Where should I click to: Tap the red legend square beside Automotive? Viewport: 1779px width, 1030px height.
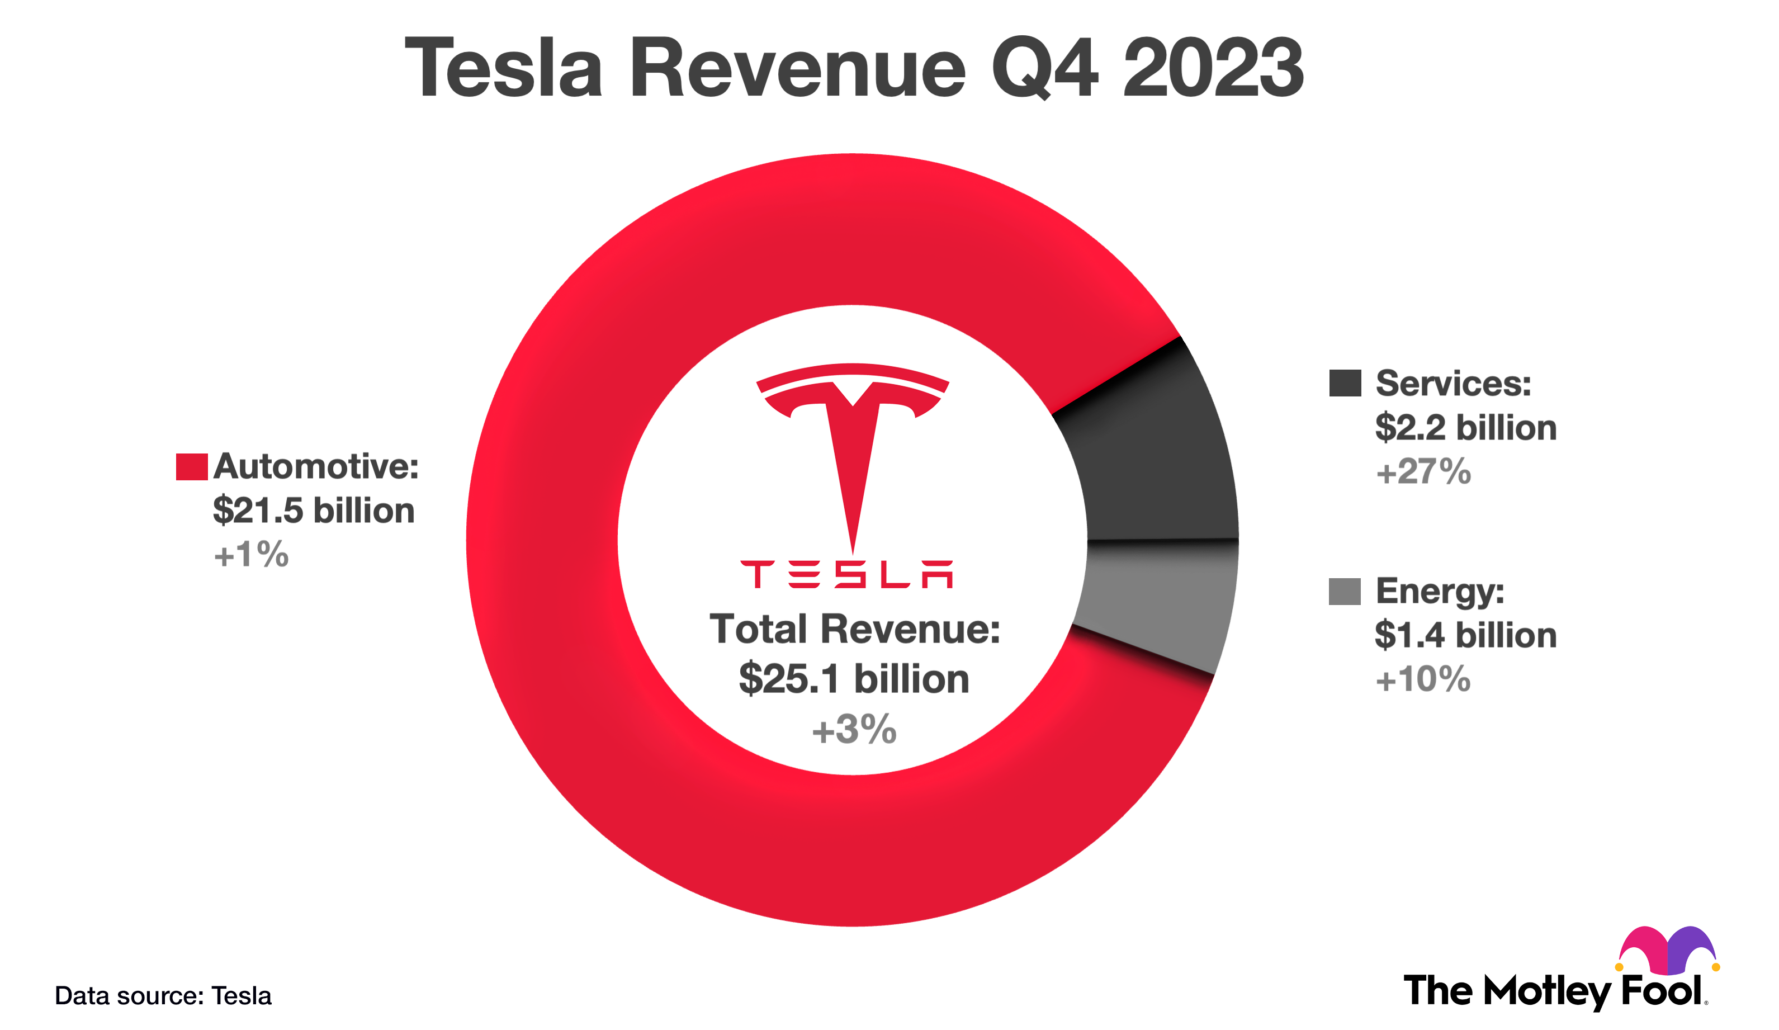click(x=191, y=467)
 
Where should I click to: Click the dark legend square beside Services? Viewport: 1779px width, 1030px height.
click(x=1344, y=384)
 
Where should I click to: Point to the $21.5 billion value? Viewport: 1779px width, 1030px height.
click(x=314, y=511)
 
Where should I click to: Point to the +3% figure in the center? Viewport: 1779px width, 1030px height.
click(x=854, y=730)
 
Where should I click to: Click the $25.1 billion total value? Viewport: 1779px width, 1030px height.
click(x=854, y=679)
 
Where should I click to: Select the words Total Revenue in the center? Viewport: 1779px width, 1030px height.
click(x=854, y=629)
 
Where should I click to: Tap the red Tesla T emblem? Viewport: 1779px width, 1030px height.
click(x=853, y=438)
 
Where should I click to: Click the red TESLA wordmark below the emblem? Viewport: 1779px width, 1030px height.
click(x=846, y=575)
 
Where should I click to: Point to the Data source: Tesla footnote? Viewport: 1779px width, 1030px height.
click(x=163, y=996)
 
